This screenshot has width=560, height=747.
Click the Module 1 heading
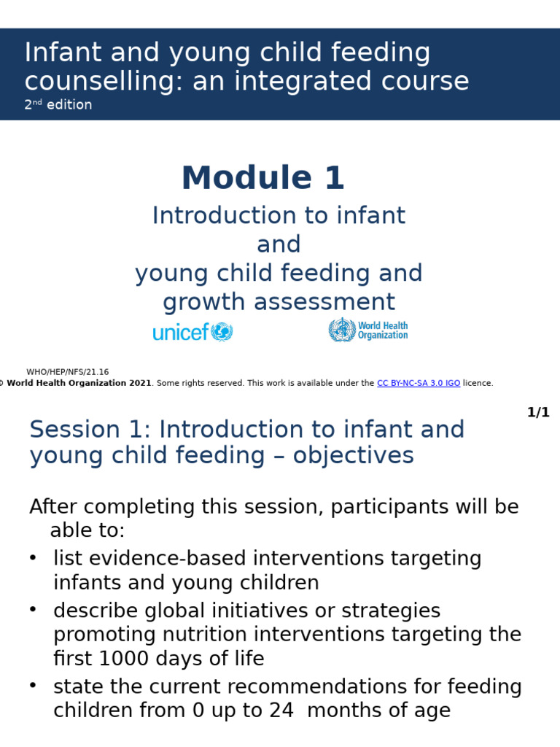(x=262, y=179)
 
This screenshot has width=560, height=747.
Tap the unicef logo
(x=192, y=332)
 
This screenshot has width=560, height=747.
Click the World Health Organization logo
(x=368, y=330)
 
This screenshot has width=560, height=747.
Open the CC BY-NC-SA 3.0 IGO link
(x=419, y=383)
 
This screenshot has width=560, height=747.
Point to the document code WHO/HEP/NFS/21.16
(x=68, y=372)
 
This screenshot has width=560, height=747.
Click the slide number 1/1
(x=538, y=413)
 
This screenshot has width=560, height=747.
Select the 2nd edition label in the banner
(x=58, y=105)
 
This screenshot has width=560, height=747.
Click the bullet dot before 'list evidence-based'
(x=33, y=558)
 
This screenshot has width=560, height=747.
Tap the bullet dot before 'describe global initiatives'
(x=33, y=610)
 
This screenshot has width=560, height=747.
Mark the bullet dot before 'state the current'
(x=33, y=686)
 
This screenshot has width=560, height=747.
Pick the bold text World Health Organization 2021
(x=79, y=383)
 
